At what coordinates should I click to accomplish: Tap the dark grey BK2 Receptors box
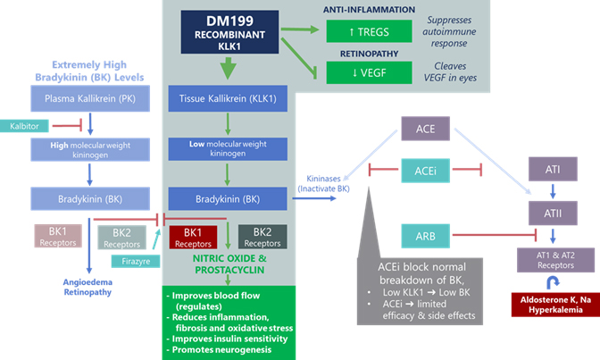(x=262, y=236)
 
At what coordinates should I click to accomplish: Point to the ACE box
(x=426, y=130)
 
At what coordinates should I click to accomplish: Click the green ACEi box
(x=426, y=169)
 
